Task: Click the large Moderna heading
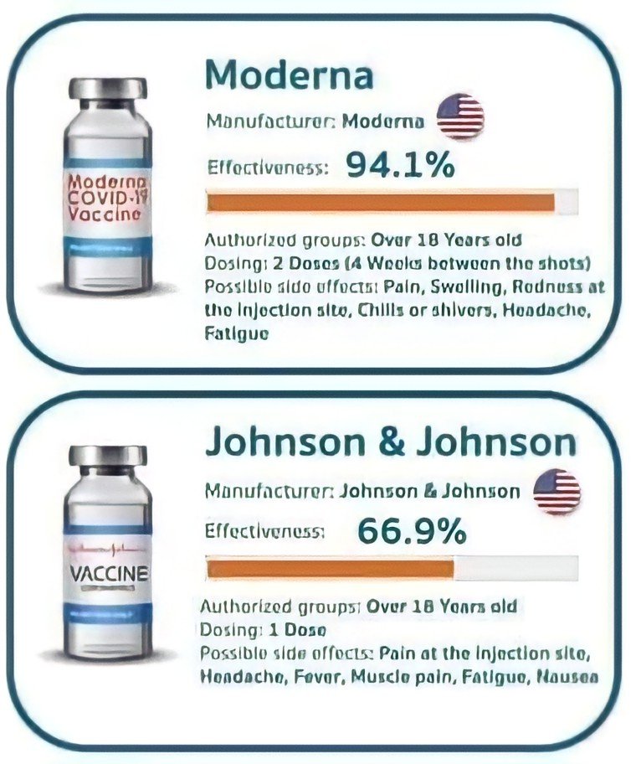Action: pos(289,75)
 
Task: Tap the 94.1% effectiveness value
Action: pos(400,166)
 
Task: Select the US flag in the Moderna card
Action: pos(460,116)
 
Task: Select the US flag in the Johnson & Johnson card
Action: pos(556,491)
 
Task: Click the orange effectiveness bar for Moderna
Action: pos(381,202)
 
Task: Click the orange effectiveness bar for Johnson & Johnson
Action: pos(331,569)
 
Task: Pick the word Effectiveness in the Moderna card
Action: pos(265,167)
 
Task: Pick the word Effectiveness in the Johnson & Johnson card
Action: pos(265,531)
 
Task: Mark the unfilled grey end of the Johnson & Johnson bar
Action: pos(515,569)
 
